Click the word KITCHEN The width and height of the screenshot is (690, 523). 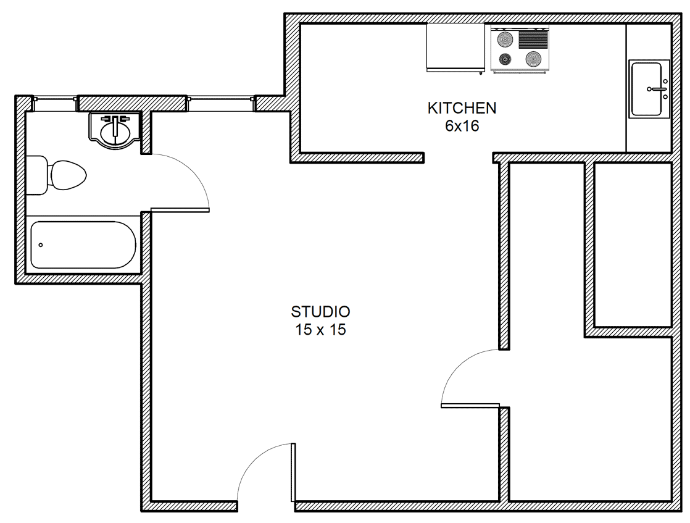tap(462, 108)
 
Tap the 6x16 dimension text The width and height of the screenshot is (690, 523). tap(462, 127)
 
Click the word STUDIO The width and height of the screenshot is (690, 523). tap(320, 312)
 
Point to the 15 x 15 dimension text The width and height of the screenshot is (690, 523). tap(320, 330)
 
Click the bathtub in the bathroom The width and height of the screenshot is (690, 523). tap(83, 245)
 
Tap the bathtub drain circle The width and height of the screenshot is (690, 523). tap(41, 245)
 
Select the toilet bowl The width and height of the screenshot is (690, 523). tap(67, 175)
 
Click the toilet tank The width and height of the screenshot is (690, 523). tap(36, 175)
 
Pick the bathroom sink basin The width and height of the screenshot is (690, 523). tap(115, 132)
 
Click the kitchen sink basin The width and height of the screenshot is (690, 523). tap(646, 89)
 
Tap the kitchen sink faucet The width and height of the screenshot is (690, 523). tap(659, 89)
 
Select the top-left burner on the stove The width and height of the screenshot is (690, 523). tap(505, 40)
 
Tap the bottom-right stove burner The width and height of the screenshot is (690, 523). tap(533, 58)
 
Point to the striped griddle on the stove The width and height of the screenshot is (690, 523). tap(533, 39)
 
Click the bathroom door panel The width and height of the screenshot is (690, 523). tap(180, 210)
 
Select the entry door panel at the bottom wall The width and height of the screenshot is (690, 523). tap(293, 472)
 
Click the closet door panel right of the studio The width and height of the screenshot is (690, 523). tap(470, 406)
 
